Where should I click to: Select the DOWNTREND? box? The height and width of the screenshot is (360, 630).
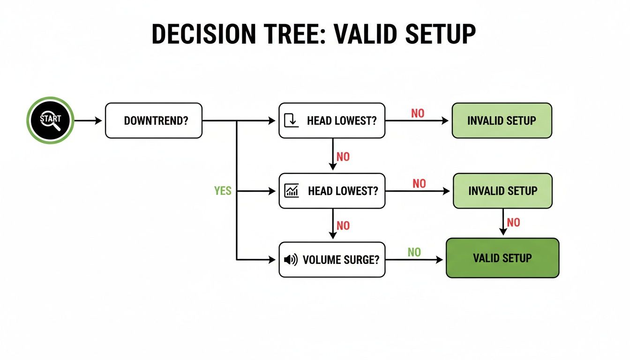click(154, 120)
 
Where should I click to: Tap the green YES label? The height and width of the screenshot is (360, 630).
click(223, 191)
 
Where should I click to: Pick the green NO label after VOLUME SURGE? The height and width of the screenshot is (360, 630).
click(414, 252)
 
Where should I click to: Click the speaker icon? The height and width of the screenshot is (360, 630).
click(291, 260)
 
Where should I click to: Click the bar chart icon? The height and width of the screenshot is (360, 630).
click(292, 190)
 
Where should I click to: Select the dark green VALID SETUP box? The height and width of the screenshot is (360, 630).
click(502, 258)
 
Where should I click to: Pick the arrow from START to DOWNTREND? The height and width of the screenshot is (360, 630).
click(89, 120)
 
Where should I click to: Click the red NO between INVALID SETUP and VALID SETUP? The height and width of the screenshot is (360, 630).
click(513, 222)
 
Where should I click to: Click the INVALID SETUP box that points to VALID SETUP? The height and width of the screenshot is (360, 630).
click(502, 191)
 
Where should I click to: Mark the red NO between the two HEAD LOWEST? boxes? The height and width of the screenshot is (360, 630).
click(343, 157)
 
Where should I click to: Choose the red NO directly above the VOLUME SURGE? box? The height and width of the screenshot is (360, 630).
click(343, 225)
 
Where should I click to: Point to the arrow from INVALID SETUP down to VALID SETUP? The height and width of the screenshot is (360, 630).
click(503, 222)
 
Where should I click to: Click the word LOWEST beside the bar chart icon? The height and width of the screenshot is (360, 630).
click(355, 191)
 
